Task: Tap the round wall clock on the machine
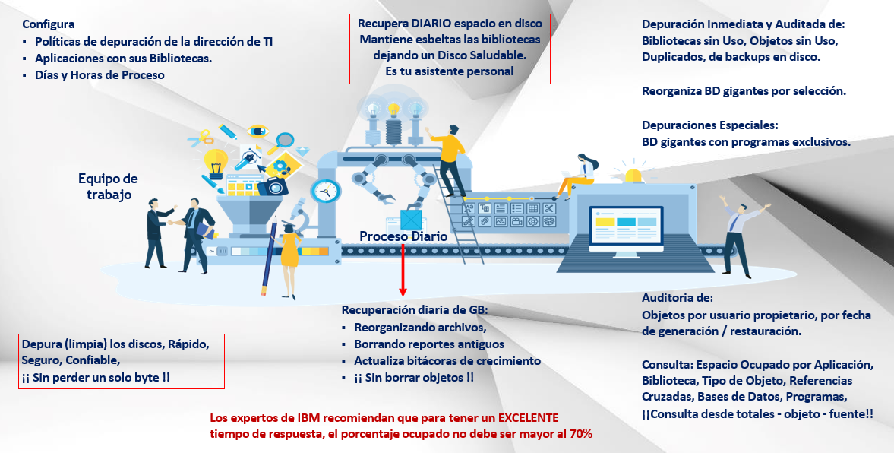tap(326, 191)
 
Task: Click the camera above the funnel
tap(272, 185)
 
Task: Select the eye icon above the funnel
tap(257, 131)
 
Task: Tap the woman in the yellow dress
tap(290, 258)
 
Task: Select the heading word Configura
tap(49, 24)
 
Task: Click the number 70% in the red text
tap(581, 433)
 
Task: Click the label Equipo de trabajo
tap(109, 186)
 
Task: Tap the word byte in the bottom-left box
tap(147, 377)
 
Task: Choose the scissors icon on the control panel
tap(549, 208)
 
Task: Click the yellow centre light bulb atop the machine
tap(393, 109)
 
